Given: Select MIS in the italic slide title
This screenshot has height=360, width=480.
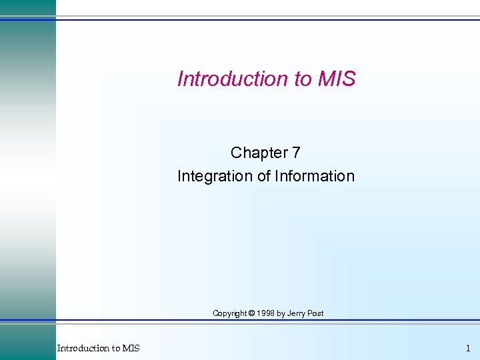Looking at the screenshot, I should point(337,79).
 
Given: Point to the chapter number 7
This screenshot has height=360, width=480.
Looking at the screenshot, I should point(295,153).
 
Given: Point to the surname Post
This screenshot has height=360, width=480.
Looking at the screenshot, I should point(316,313).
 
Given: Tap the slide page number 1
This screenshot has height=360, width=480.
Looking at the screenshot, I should point(467,348).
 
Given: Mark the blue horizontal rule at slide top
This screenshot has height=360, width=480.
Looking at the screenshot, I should point(267,19).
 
